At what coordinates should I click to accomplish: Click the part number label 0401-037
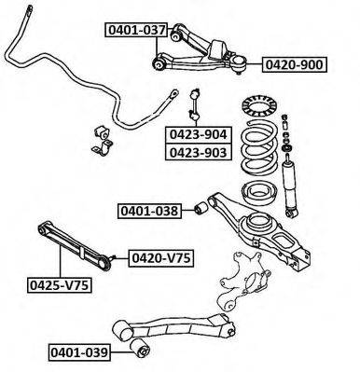pyautogui.click(x=136, y=30)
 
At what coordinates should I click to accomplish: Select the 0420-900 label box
pyautogui.click(x=295, y=64)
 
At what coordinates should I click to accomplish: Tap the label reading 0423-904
pyautogui.click(x=199, y=134)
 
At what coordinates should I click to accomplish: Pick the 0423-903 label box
pyautogui.click(x=199, y=152)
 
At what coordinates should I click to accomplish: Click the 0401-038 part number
pyautogui.click(x=149, y=211)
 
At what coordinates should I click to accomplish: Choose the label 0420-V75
pyautogui.click(x=161, y=258)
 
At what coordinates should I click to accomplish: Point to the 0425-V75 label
pyautogui.click(x=60, y=285)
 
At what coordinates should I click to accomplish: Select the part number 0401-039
pyautogui.click(x=79, y=353)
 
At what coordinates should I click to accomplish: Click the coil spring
pyautogui.click(x=258, y=149)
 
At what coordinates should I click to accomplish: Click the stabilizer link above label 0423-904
pyautogui.click(x=195, y=104)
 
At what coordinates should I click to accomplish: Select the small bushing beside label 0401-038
pyautogui.click(x=201, y=208)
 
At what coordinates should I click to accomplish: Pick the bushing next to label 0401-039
pyautogui.click(x=140, y=349)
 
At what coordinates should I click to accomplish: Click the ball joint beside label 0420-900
pyautogui.click(x=240, y=63)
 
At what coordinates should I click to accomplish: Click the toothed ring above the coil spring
pyautogui.click(x=259, y=107)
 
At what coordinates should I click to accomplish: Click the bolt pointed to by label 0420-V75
pyautogui.click(x=113, y=257)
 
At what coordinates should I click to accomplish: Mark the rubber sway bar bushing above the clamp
pyautogui.click(x=102, y=132)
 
